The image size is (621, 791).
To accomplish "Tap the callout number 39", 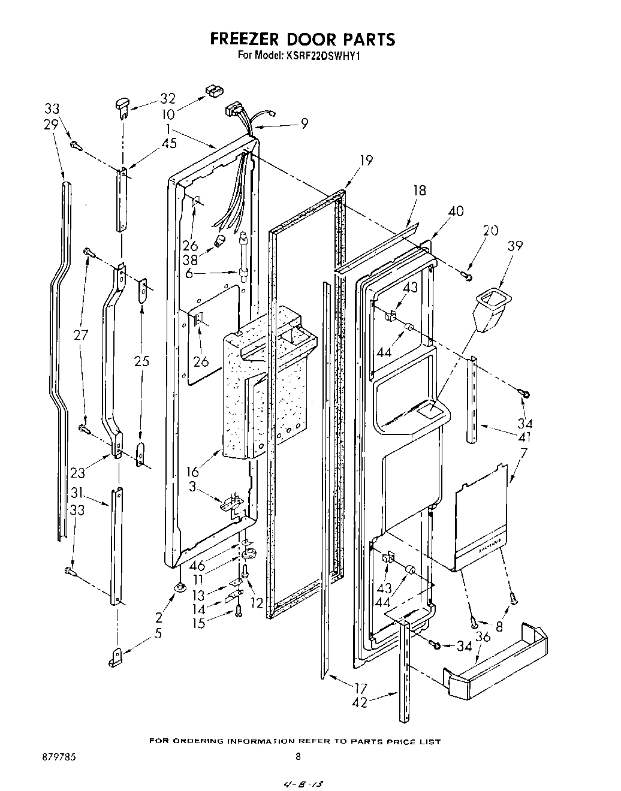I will (515, 246).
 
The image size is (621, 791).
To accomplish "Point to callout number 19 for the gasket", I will (366, 160).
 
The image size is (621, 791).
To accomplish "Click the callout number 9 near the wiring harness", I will (305, 123).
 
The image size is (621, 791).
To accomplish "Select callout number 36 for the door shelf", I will (483, 636).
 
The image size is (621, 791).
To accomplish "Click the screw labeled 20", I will (467, 276).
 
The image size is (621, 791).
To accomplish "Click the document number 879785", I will (58, 756).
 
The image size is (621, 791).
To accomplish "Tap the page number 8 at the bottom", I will (298, 756).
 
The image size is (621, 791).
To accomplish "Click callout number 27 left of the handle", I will (80, 334).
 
